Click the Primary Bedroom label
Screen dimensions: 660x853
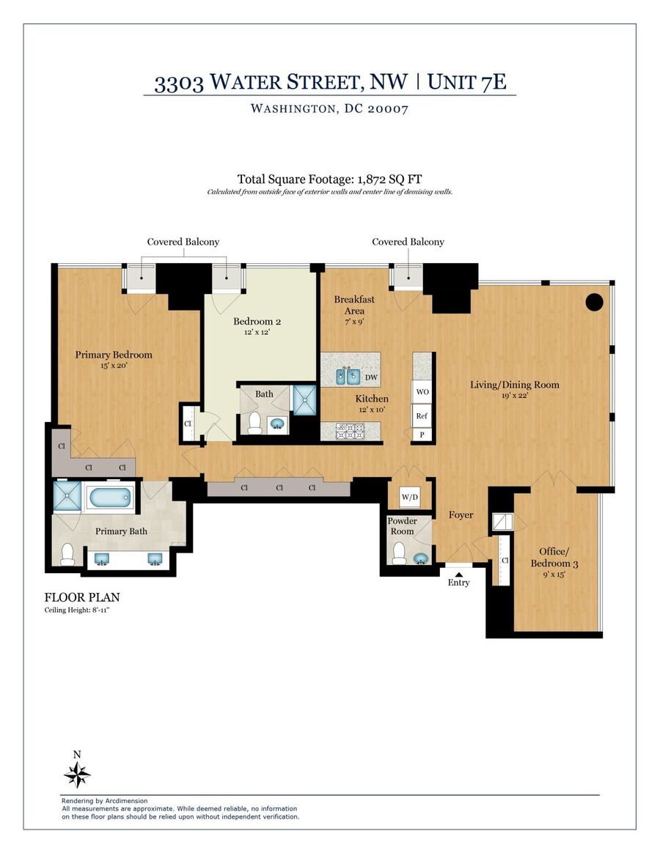pos(113,355)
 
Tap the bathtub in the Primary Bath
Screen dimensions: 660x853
pos(109,498)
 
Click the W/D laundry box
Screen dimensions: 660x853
pos(409,497)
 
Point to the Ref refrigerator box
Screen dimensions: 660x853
pos(422,416)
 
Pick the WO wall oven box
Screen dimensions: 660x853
pos(422,391)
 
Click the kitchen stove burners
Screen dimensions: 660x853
pos(351,432)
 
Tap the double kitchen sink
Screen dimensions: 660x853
pos(347,376)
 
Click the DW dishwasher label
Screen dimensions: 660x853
pos(371,377)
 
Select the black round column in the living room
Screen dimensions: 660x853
pos(593,302)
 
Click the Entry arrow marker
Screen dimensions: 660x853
pos(458,574)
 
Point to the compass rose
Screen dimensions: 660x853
pos(77,774)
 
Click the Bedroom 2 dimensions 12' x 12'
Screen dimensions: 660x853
pos(257,332)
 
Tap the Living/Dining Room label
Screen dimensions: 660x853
pos(515,385)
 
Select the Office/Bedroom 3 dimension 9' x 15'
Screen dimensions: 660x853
pos(554,575)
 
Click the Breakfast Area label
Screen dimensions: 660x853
pos(354,305)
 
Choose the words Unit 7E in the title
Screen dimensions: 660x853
pos(466,81)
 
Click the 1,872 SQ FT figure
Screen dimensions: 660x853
pos(389,179)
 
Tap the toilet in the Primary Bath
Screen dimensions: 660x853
pos(67,554)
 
